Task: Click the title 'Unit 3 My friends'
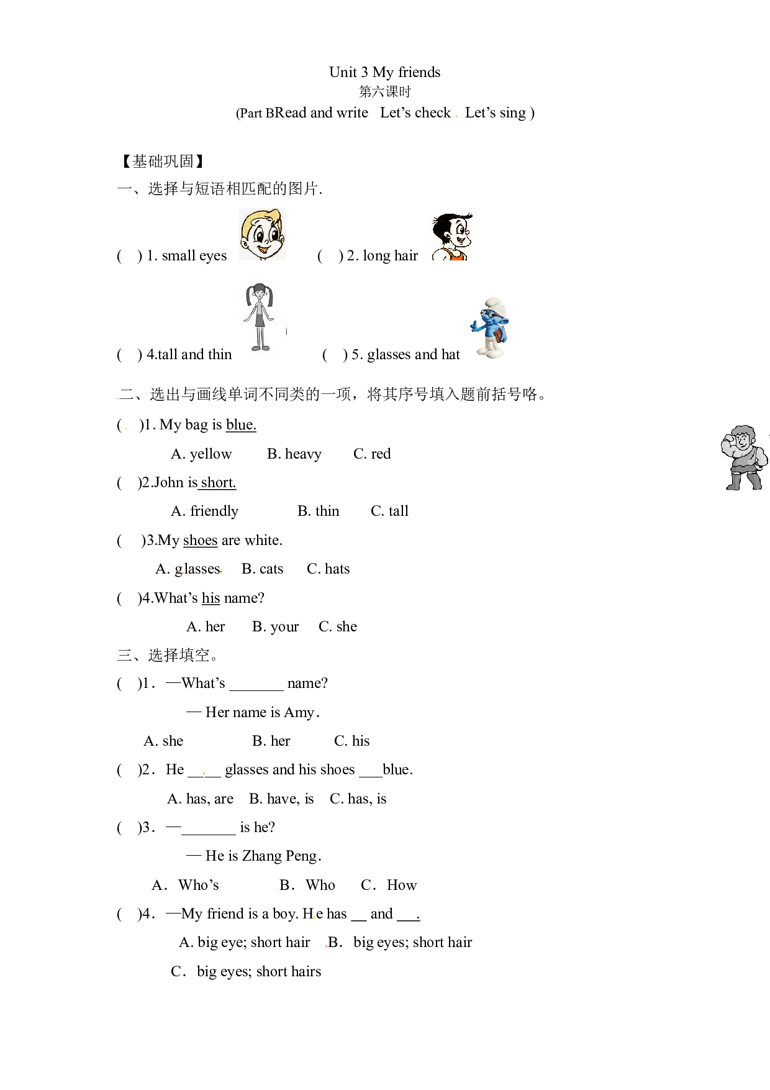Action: (384, 73)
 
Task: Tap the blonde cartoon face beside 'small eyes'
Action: (262, 234)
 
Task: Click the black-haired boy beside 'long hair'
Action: (452, 237)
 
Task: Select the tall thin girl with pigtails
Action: (259, 317)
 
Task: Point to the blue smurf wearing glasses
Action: (491, 327)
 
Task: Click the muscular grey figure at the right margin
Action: (744, 458)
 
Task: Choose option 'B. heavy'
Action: (294, 454)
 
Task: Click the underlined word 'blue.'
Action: (241, 425)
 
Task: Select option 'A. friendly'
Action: (204, 511)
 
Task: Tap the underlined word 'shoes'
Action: (201, 541)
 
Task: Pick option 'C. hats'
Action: (328, 569)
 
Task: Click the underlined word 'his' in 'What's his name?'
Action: (211, 598)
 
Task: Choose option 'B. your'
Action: (275, 627)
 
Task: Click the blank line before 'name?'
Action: (256, 689)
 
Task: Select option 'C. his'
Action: (351, 741)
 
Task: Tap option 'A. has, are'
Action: (200, 799)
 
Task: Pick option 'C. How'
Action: (389, 886)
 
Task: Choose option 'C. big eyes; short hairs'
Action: (246, 972)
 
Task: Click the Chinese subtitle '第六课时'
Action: (385, 92)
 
